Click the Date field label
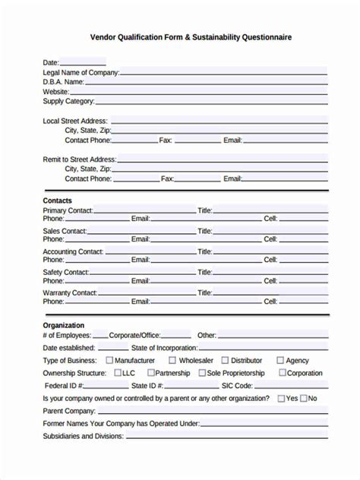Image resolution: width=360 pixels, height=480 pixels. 51,63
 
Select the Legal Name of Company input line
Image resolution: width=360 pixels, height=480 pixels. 223,73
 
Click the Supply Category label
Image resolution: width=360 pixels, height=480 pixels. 68,101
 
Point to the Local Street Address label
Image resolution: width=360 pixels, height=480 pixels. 75,121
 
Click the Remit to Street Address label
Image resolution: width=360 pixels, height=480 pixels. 79,159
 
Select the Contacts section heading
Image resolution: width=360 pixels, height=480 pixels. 58,201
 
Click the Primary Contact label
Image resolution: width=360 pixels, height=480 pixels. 68,210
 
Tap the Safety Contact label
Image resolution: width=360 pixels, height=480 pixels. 66,272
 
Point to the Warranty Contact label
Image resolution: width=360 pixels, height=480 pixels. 70,292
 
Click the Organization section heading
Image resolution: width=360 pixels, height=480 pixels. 64,325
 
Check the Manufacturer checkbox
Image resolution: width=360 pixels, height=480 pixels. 109,360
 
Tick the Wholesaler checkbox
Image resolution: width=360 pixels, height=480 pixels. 172,360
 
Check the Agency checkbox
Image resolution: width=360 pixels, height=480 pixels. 280,360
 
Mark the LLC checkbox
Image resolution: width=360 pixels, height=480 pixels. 118,373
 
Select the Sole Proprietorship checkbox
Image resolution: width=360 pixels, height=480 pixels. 202,373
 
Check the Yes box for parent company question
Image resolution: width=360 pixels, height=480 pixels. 281,398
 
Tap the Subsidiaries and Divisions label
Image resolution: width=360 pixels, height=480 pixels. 83,436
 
